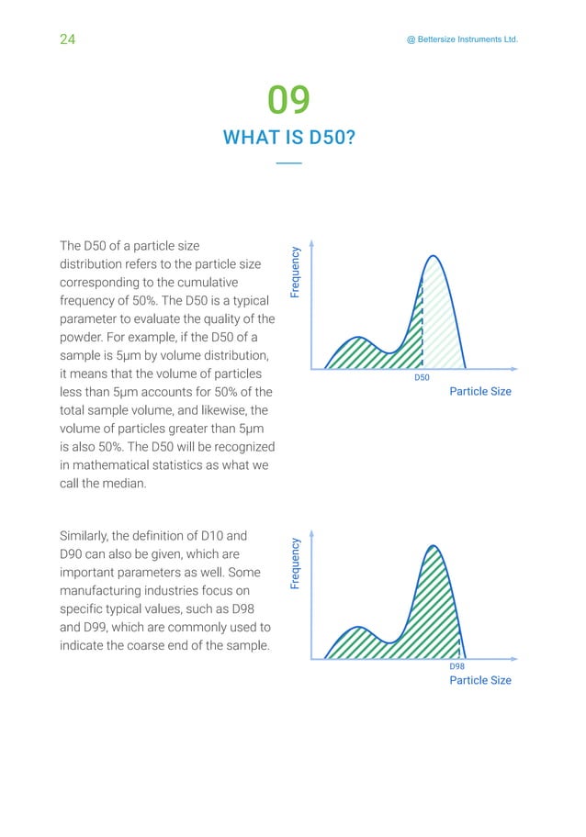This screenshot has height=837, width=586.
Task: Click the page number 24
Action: [x=67, y=39]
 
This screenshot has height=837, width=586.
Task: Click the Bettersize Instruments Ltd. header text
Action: [x=456, y=39]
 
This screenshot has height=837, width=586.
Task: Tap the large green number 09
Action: [x=288, y=100]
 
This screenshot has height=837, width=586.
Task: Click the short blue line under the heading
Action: [x=288, y=163]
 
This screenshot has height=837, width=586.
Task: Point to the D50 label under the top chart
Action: [x=422, y=378]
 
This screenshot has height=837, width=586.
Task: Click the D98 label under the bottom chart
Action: [x=456, y=667]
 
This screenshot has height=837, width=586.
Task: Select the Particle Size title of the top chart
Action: [x=479, y=392]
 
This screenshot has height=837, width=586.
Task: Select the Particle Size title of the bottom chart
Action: [x=479, y=681]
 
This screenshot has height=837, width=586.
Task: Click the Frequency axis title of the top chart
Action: [x=296, y=272]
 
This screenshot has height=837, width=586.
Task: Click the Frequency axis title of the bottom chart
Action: [x=296, y=564]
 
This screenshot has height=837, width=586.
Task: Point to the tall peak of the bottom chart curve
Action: [x=433, y=547]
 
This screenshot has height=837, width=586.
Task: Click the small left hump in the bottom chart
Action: [x=360, y=630]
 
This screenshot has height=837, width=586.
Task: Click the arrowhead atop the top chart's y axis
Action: [x=313, y=244]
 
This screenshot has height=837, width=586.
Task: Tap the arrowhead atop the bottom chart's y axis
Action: [x=313, y=533]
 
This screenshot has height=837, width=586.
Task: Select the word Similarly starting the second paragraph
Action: [x=89, y=535]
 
